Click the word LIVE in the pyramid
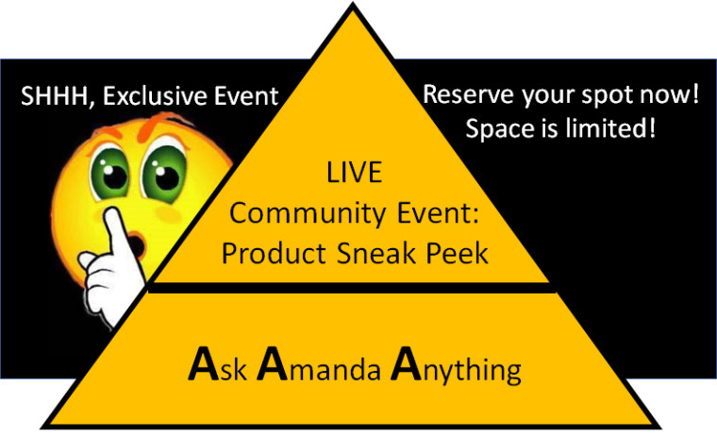[x=355, y=173]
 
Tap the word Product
[x=274, y=254]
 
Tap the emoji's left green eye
[x=110, y=174]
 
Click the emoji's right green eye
[x=164, y=173]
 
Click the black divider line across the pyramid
[x=352, y=288]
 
